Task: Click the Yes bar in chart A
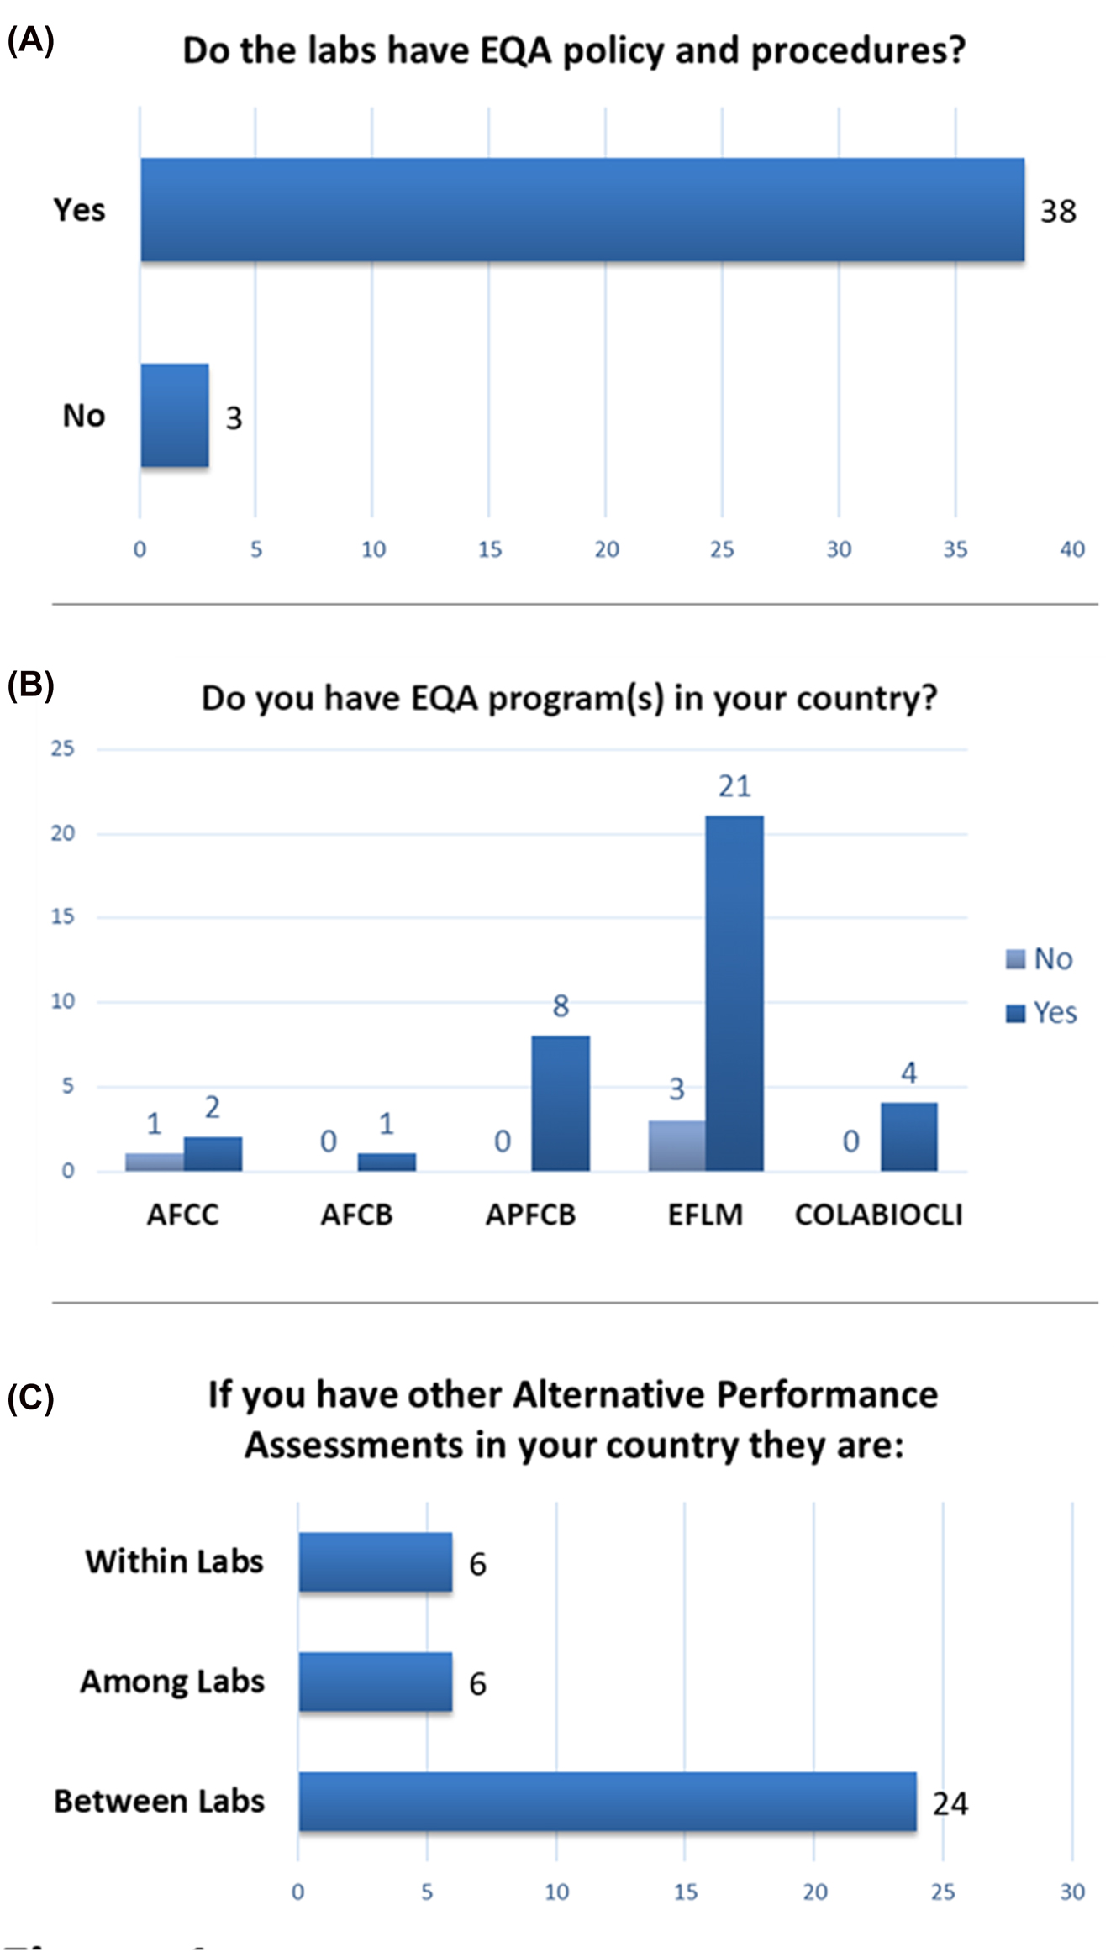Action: tap(582, 210)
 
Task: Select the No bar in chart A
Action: tap(175, 415)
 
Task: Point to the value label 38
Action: tap(1058, 212)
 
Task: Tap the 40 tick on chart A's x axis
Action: tap(1072, 549)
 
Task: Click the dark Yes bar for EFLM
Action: tap(734, 993)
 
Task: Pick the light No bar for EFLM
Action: tap(676, 1146)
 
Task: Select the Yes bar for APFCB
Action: tap(561, 1103)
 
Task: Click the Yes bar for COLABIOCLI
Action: tap(908, 1136)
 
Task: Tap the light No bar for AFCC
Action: tap(155, 1162)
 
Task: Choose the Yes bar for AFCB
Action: tap(387, 1162)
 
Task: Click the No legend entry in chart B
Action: tap(1040, 958)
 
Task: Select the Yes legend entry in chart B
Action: tap(1041, 1013)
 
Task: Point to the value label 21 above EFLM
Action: tap(734, 786)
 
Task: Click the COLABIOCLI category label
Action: tap(878, 1215)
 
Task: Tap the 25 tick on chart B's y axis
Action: tap(63, 748)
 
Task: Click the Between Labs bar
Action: tap(607, 1802)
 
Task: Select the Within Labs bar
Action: tap(376, 1561)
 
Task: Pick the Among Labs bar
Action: tap(376, 1682)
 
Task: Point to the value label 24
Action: tap(950, 1803)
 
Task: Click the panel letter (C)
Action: tap(30, 1398)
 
